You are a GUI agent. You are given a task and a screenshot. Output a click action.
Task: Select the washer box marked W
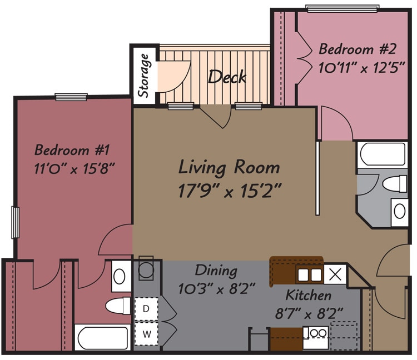tap(147, 334)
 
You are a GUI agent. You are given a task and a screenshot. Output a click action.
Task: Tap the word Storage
tap(144, 75)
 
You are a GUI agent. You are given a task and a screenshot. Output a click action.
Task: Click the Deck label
tap(227, 77)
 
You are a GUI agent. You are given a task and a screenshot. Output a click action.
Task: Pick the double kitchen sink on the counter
tap(310, 274)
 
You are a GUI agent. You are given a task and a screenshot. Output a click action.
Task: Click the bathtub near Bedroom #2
tap(382, 154)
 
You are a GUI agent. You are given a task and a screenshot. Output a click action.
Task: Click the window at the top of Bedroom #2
tap(342, 8)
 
